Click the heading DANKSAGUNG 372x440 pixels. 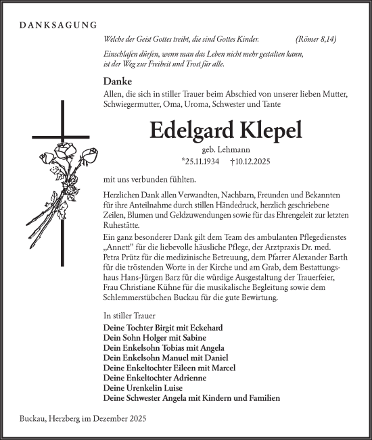click(x=58, y=26)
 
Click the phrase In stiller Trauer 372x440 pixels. click(x=129, y=316)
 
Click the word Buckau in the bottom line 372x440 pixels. click(x=27, y=419)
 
